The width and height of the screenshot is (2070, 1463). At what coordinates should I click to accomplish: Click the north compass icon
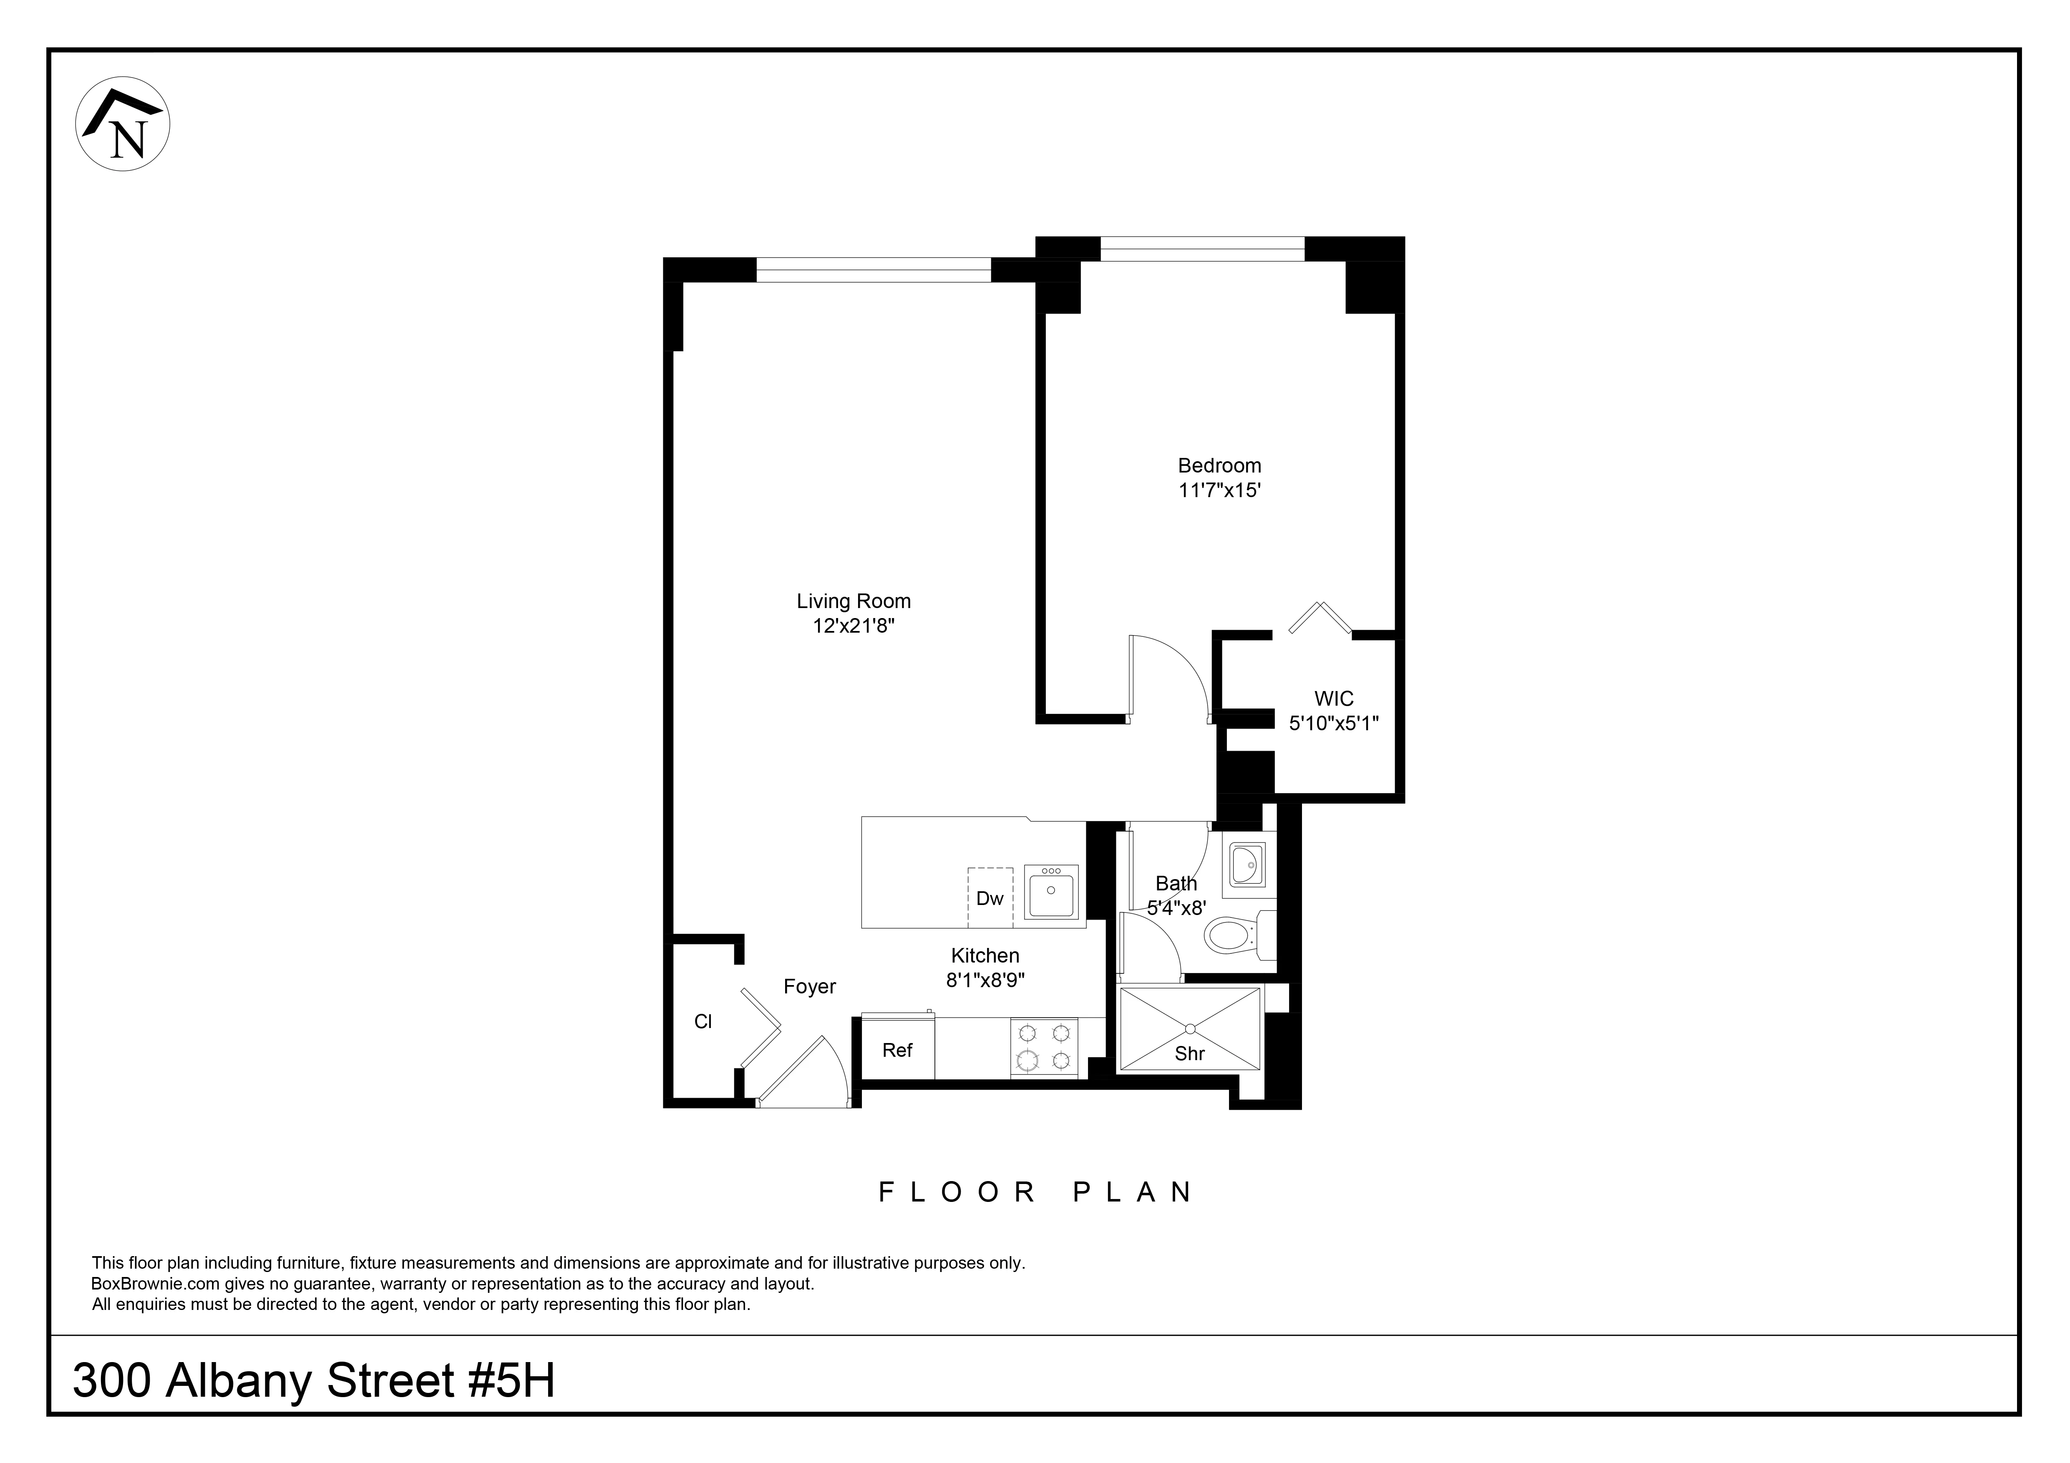123,124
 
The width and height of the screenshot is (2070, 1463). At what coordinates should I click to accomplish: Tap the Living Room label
853,601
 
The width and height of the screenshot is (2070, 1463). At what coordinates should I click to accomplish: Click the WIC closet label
1333,699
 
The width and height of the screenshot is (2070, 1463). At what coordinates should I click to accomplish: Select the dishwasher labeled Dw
990,898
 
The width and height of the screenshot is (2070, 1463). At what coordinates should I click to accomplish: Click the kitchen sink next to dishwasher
1051,892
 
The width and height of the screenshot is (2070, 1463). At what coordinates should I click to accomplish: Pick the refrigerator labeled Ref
897,1050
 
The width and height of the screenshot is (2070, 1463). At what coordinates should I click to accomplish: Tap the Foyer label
810,987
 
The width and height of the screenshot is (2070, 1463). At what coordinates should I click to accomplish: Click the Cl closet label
703,1021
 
